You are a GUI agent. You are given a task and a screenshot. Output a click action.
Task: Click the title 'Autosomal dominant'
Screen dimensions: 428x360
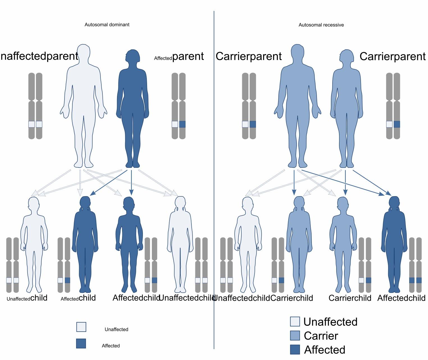[x=107, y=25]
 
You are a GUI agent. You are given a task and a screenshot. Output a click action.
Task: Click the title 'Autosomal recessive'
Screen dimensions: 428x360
[x=321, y=25]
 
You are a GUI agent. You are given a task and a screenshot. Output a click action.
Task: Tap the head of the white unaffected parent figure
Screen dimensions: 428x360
[x=83, y=52]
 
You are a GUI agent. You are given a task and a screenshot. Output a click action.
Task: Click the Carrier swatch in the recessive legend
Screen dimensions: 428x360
[x=295, y=335]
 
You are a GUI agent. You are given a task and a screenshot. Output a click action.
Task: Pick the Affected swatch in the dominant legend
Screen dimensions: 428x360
[x=81, y=343]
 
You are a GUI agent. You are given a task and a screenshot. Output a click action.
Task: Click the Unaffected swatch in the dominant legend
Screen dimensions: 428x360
[x=81, y=327]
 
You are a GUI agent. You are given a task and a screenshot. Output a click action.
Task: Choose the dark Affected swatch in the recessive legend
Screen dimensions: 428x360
[x=295, y=349]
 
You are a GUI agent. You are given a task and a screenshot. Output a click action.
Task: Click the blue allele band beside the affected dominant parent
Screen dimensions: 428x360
[x=182, y=124]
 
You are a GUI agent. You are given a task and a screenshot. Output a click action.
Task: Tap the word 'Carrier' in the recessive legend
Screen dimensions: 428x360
[x=321, y=336]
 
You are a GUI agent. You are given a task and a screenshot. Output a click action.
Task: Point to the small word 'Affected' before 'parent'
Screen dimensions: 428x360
[x=163, y=58]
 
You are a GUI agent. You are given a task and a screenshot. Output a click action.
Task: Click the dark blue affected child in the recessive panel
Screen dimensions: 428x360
[x=394, y=244]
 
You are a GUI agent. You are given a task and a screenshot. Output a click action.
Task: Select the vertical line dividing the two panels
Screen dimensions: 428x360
[x=214, y=180]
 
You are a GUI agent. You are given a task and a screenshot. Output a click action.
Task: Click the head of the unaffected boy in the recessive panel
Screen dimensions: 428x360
[x=248, y=204]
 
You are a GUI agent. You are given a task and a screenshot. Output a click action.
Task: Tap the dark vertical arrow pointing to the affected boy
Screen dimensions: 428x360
[x=131, y=183]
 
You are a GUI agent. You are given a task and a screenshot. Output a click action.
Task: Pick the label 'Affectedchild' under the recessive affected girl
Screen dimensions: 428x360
[x=401, y=298]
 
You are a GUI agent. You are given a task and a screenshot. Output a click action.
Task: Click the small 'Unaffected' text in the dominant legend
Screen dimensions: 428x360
[x=116, y=329]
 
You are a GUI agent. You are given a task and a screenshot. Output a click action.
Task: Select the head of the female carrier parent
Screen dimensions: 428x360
[x=347, y=56]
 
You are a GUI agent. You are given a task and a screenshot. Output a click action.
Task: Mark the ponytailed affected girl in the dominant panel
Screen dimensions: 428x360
[x=85, y=244]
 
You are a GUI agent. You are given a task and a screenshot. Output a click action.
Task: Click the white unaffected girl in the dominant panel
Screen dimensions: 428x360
[x=180, y=244]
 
